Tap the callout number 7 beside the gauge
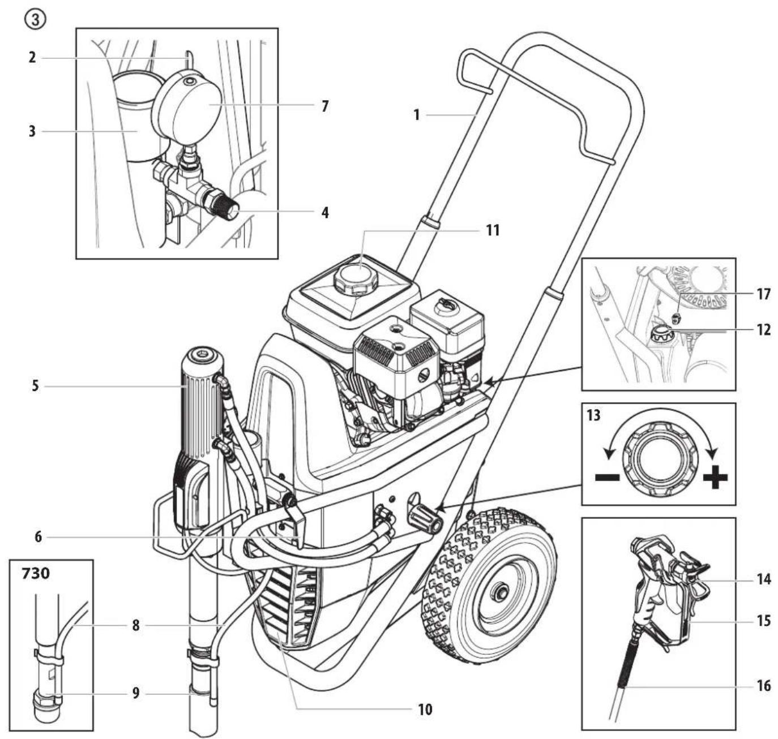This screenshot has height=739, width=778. [324, 106]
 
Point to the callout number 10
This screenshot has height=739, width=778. [425, 708]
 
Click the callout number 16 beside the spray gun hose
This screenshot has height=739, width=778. [763, 686]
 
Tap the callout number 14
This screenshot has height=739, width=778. [763, 579]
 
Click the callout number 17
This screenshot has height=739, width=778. [763, 294]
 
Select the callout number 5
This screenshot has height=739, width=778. [35, 387]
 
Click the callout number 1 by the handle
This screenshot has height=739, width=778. [417, 115]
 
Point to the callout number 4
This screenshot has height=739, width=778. [324, 213]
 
